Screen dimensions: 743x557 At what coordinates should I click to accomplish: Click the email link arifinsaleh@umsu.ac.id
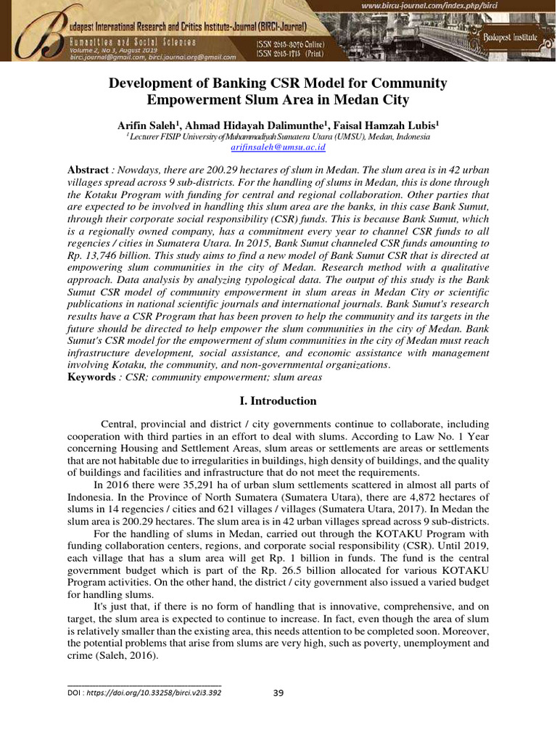click(x=278, y=147)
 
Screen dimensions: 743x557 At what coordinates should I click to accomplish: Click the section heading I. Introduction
click(x=278, y=401)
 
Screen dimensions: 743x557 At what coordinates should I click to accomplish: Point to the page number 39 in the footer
click(x=278, y=692)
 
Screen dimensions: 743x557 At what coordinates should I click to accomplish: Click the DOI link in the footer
click(x=144, y=692)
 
